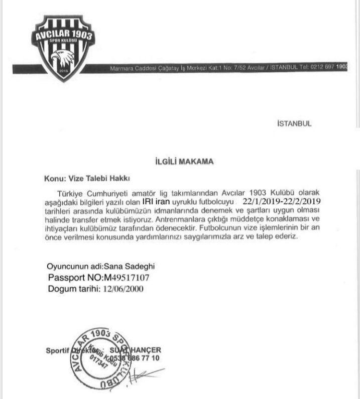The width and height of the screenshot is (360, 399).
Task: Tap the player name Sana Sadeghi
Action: [x=126, y=267]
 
